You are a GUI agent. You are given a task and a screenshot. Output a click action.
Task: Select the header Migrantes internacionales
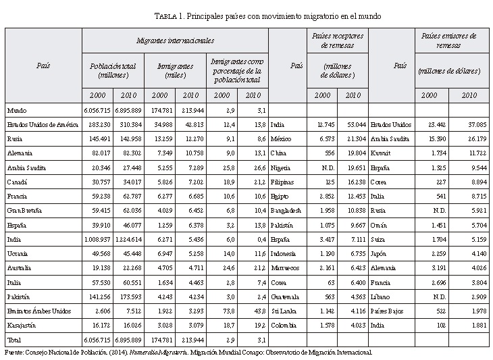[175, 41]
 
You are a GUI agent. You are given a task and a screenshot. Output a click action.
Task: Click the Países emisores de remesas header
[448, 40]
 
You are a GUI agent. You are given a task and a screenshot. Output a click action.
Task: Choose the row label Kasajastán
[23, 326]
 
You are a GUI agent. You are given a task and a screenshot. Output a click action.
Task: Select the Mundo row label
[17, 109]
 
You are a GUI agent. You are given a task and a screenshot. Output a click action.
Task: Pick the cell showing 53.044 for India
[354, 125]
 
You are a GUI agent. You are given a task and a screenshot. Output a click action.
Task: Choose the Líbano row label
[380, 298]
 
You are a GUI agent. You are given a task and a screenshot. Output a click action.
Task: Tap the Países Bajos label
[387, 312]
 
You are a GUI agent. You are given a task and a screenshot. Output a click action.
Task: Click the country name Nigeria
[281, 168]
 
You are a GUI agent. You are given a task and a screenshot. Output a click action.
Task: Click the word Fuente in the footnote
[14, 352]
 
